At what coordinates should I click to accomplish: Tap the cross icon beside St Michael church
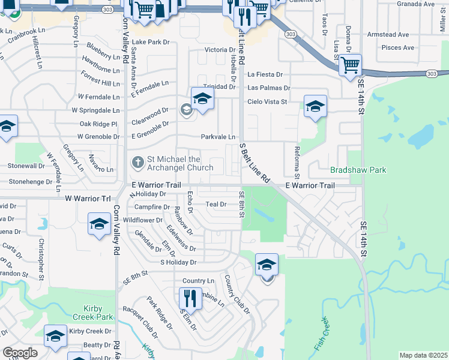coord(137,162)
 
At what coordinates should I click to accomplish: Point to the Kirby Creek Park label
coord(92,313)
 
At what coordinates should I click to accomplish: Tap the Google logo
coord(19,353)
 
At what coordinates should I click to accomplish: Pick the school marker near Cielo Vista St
coord(315,106)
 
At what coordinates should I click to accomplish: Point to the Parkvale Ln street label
coord(218,137)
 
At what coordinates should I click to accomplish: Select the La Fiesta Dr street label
coord(265,75)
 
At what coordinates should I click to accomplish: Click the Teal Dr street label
coord(215,204)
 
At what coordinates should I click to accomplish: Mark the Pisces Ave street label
coord(399,47)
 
